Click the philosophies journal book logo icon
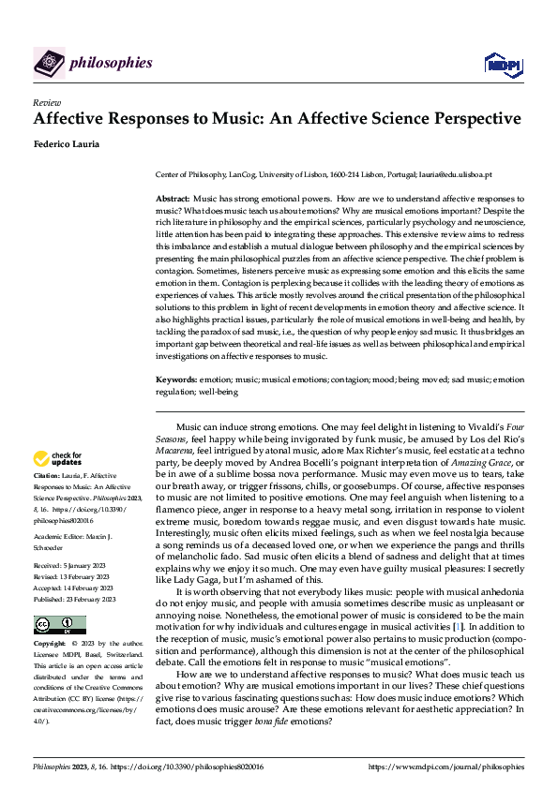pyautogui.click(x=49, y=62)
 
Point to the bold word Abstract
pyautogui.click(x=172, y=200)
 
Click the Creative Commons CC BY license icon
pyautogui.click(x=59, y=625)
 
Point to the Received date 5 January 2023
pyautogui.click(x=77, y=565)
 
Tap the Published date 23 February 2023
pyautogui.click(x=79, y=598)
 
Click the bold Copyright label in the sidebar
pyautogui.click(x=52, y=644)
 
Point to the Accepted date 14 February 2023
pyautogui.click(x=79, y=587)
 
